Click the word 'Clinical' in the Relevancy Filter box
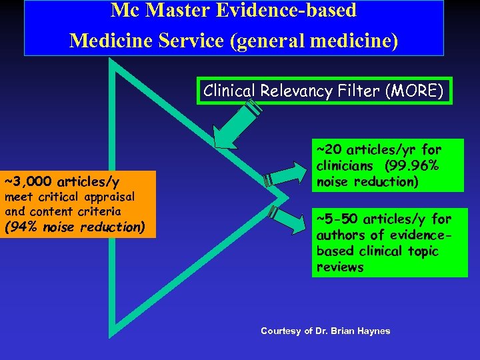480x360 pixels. pos(229,91)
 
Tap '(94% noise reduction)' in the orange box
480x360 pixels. pos(75,227)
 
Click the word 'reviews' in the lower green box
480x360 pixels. pos(340,267)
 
